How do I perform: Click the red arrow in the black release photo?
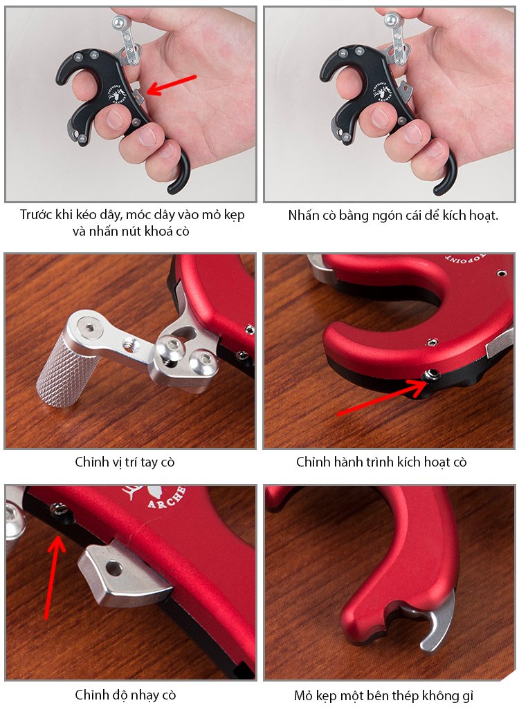point(172,85)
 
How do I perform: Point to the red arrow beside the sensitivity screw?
point(53,576)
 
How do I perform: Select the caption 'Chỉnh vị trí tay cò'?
point(125,462)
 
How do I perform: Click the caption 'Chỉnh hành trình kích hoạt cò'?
point(381,462)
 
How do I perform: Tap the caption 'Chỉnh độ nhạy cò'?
point(125,695)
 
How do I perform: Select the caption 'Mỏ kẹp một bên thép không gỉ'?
point(383,695)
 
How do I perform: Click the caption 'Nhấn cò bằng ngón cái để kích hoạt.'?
point(394,215)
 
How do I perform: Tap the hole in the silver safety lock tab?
point(113,568)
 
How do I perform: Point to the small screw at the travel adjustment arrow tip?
point(432,374)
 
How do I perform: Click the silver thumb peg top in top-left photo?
point(119,21)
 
